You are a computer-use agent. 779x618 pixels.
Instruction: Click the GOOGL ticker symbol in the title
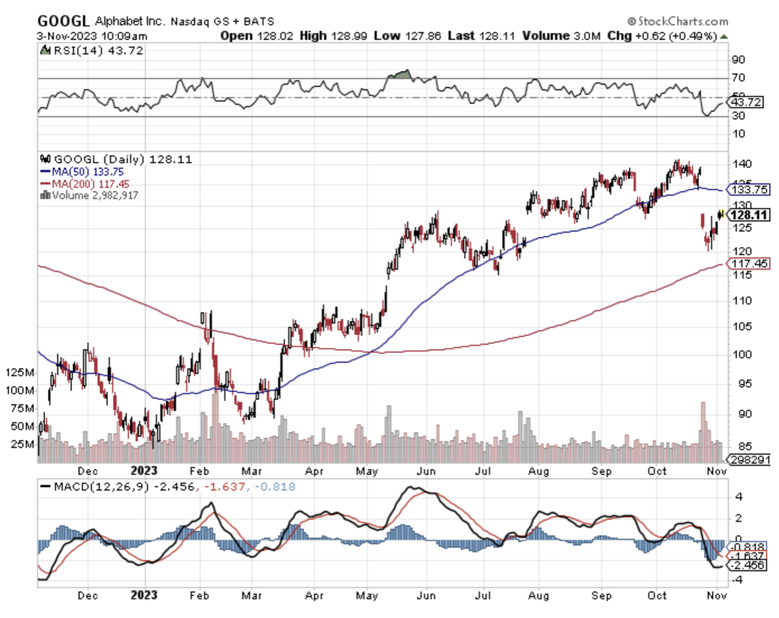[x=63, y=21]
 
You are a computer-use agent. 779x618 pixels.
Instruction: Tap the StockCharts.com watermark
[x=678, y=22]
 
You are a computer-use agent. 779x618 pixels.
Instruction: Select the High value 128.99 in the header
[x=349, y=36]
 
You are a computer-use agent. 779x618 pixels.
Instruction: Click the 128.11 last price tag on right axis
[x=749, y=215]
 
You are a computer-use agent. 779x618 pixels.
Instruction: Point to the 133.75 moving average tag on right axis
[x=749, y=190]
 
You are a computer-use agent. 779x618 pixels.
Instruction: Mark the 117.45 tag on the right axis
[x=749, y=264]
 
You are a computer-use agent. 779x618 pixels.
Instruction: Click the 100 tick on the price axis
[x=742, y=354]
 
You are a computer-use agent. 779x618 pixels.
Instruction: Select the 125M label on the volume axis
[x=20, y=372]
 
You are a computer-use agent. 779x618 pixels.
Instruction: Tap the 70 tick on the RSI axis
[x=738, y=77]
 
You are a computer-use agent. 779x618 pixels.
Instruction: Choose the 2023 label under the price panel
[x=144, y=471]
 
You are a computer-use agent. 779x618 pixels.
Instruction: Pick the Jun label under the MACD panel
[x=426, y=595]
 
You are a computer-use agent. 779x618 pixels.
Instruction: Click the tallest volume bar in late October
[x=703, y=431]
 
